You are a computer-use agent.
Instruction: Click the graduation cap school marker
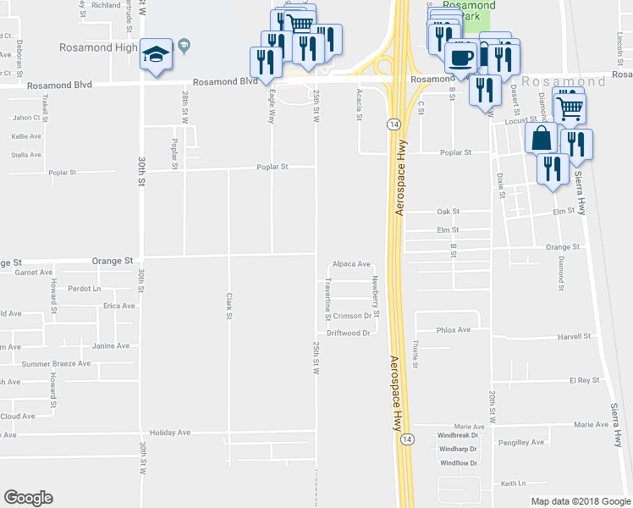point(156,56)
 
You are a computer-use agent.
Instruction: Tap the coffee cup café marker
point(460,58)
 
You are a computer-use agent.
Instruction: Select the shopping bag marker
point(541,137)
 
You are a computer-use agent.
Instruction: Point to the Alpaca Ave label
point(352,264)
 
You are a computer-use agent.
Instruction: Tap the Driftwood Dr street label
point(349,334)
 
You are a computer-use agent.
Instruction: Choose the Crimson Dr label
point(353,316)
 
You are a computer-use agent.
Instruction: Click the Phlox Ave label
point(453,329)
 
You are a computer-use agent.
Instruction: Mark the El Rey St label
point(584,380)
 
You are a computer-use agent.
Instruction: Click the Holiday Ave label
point(169,432)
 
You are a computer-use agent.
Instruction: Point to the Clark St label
point(229,306)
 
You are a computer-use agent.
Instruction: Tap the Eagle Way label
point(272,109)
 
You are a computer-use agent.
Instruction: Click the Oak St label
point(448,212)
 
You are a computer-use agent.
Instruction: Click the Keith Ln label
point(513,483)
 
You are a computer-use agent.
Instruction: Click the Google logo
point(28,498)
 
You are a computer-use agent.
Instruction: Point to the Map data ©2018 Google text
point(580,500)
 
